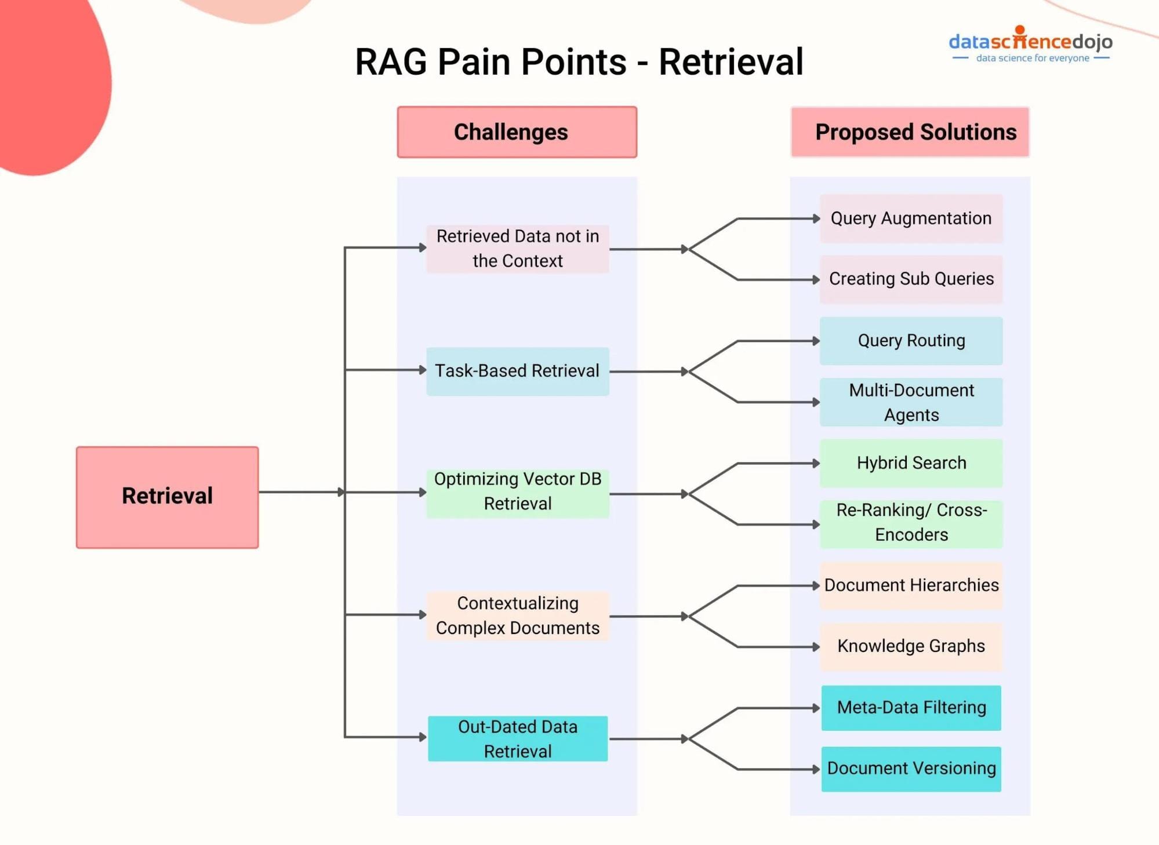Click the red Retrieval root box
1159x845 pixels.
[x=167, y=497]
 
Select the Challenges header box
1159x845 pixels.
[x=517, y=132]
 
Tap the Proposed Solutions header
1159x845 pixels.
[x=910, y=132]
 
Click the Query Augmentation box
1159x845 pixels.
[x=911, y=218]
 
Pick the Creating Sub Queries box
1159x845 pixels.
[x=911, y=279]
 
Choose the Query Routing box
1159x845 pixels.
[x=911, y=341]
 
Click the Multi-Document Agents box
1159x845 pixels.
[x=911, y=402]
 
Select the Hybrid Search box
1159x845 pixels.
[x=911, y=463]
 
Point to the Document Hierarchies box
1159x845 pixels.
[x=911, y=585]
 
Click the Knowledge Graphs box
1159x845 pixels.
[x=911, y=646]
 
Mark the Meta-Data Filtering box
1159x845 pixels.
[x=911, y=708]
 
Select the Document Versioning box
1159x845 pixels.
[x=911, y=769]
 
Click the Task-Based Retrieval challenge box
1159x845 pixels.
[x=517, y=371]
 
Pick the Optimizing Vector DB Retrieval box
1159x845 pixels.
[x=517, y=492]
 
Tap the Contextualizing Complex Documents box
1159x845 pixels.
[x=517, y=616]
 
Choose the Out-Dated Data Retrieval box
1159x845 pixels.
[x=517, y=739]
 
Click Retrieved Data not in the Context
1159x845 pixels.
[x=517, y=249]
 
